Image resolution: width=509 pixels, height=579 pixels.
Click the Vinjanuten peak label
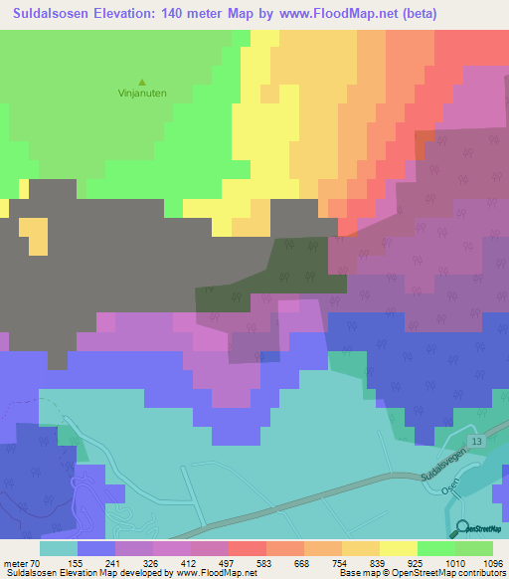(x=141, y=96)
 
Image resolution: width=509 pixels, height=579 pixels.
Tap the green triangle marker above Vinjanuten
(x=141, y=83)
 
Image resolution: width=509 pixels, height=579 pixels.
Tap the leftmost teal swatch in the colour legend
(x=59, y=548)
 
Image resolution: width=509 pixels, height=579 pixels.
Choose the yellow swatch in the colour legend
(x=398, y=548)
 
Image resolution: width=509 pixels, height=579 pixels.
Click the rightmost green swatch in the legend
(x=473, y=548)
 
